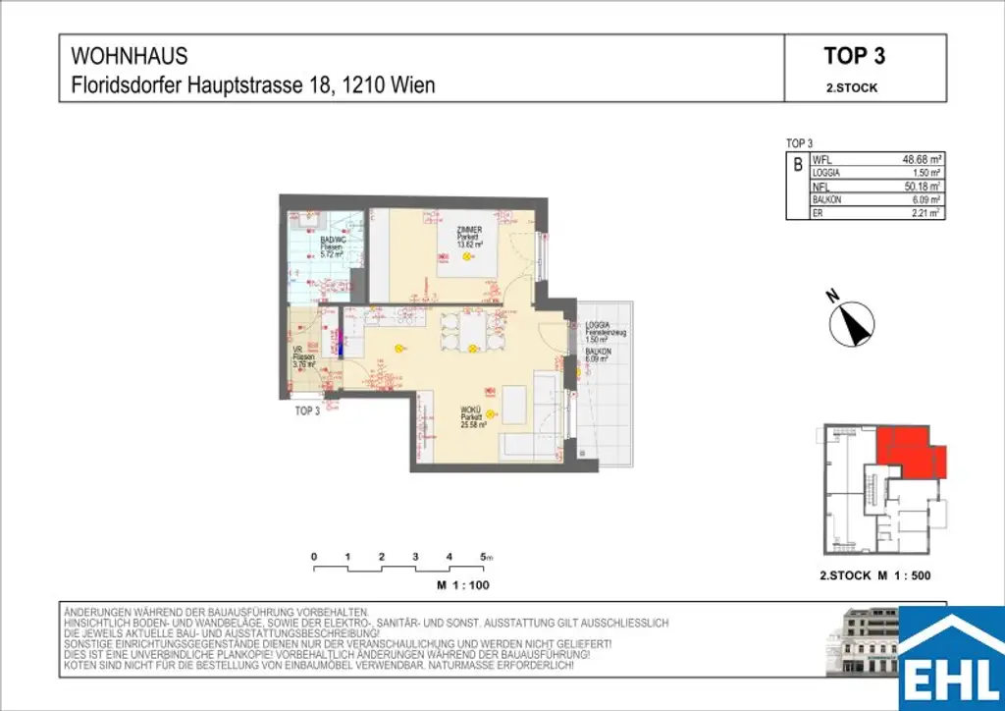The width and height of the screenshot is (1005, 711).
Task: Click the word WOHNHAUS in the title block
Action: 130,57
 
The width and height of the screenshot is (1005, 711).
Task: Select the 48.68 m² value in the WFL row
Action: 923,158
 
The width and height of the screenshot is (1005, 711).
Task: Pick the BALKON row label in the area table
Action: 826,198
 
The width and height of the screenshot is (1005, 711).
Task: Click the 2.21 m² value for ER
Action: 926,212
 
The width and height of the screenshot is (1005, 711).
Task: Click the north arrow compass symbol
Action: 852,323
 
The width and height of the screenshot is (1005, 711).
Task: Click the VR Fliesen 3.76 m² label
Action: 304,356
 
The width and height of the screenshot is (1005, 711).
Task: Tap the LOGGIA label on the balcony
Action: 599,325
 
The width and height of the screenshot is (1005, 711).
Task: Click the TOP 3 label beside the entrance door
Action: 307,411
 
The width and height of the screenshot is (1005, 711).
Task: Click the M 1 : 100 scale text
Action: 462,585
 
